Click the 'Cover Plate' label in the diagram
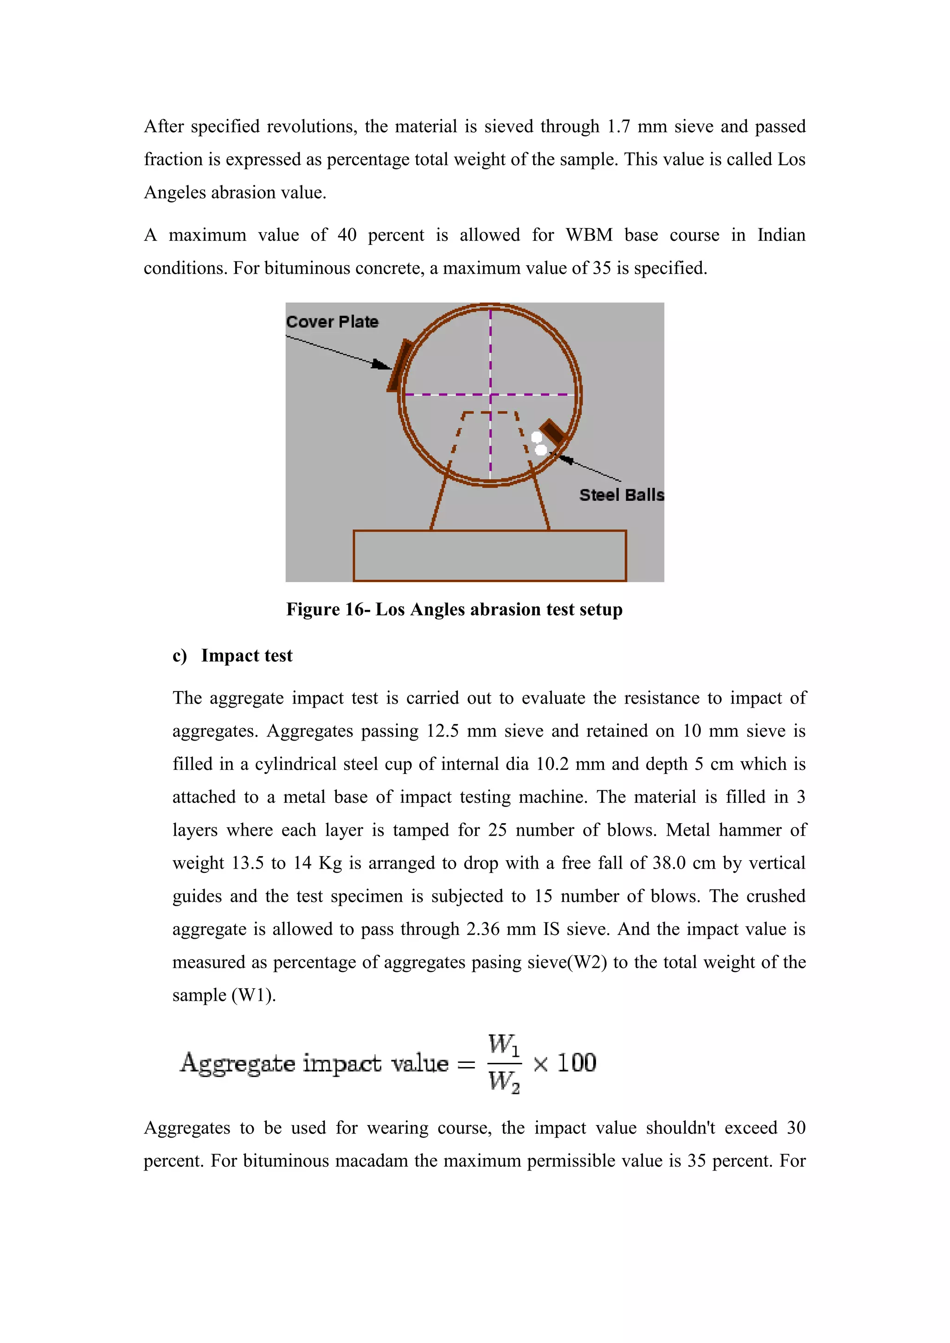click(x=332, y=322)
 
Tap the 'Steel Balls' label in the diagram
click(x=621, y=495)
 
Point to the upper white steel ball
click(x=536, y=437)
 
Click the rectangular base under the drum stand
click(x=490, y=555)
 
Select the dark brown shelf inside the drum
click(x=552, y=432)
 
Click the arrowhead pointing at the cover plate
click(x=382, y=365)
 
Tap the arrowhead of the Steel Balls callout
click(x=565, y=459)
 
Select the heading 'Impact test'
click(x=246, y=656)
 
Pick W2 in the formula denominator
click(x=503, y=1082)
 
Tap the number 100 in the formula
click(x=576, y=1063)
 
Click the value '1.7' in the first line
click(x=618, y=126)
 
